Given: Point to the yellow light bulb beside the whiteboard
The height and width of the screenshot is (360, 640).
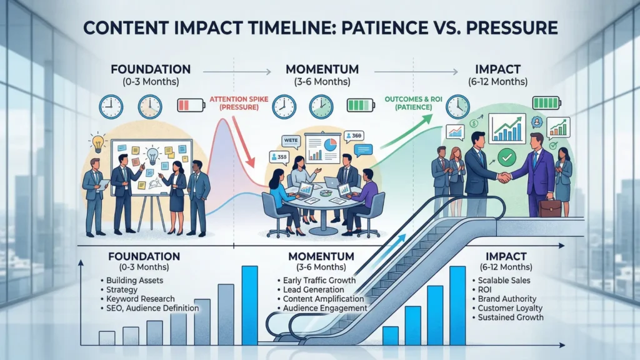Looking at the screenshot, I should (x=98, y=142).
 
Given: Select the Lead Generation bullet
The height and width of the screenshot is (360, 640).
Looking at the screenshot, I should (x=316, y=289).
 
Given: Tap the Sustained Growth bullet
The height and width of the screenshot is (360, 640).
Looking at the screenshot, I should (x=509, y=317).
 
